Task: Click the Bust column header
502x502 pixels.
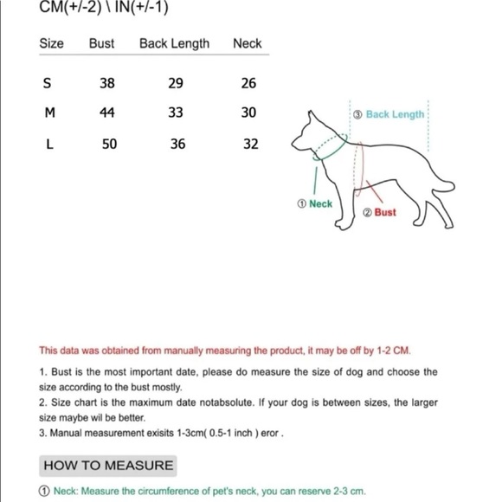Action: (x=101, y=43)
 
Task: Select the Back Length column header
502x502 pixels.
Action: (x=174, y=43)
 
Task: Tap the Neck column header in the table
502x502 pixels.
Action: (x=247, y=43)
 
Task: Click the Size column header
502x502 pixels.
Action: (x=52, y=43)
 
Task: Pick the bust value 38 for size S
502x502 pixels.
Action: (x=106, y=83)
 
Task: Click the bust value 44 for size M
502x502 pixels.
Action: (x=106, y=113)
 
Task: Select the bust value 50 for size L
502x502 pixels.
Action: (x=109, y=144)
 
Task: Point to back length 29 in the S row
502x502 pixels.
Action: (x=176, y=83)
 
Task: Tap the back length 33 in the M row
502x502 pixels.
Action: (x=176, y=113)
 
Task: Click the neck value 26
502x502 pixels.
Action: (x=248, y=83)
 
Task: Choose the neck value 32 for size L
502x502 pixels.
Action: (x=250, y=144)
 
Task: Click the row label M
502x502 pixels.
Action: (x=49, y=113)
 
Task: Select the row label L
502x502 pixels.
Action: (x=49, y=144)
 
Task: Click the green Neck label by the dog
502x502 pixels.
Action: (x=314, y=204)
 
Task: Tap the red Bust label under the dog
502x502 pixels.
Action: (x=380, y=212)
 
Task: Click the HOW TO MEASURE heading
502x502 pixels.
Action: (x=108, y=466)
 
